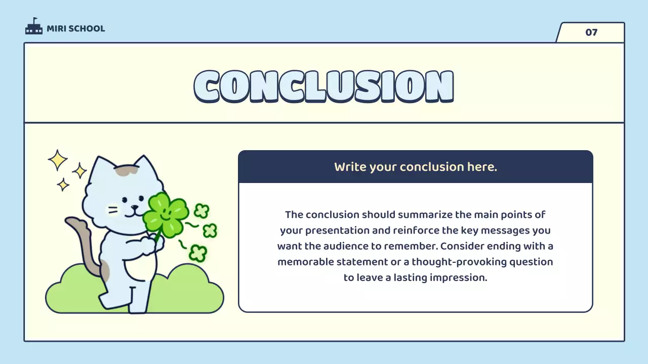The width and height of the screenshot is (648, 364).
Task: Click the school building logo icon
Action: tap(34, 26)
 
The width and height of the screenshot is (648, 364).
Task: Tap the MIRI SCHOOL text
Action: tap(76, 29)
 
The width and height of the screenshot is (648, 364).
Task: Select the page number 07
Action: tap(591, 32)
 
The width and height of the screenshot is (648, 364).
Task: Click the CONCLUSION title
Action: tap(323, 86)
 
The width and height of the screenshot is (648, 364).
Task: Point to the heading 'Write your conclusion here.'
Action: tap(416, 167)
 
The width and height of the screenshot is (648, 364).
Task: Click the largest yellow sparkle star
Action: tap(58, 160)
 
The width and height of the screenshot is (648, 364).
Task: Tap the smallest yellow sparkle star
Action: tap(63, 185)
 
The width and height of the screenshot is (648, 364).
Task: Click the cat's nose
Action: tap(135, 207)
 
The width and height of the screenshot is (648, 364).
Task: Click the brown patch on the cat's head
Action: tap(126, 171)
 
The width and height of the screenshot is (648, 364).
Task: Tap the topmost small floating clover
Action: tap(201, 211)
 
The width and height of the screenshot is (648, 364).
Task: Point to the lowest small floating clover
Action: tap(198, 253)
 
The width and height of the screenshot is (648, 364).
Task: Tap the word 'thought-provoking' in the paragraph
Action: tap(459, 262)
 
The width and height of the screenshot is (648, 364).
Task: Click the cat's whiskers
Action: tap(113, 210)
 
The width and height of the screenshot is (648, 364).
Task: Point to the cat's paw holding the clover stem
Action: tap(151, 245)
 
